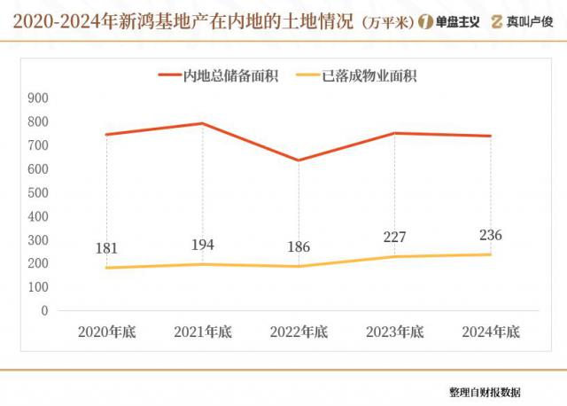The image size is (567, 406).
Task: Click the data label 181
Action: coord(106,249)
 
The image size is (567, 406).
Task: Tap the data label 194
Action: coord(202,245)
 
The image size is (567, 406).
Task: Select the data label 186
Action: coord(298,247)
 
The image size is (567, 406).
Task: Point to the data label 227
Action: coord(394,238)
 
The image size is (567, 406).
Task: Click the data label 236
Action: coord(490,235)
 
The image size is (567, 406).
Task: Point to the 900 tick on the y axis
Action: coord(38,98)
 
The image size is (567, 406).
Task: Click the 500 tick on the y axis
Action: coord(38,192)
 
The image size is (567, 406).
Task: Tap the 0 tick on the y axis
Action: coord(44,311)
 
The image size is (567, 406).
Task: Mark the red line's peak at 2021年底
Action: coord(202,123)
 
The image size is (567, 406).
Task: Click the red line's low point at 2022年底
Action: coord(298,160)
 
